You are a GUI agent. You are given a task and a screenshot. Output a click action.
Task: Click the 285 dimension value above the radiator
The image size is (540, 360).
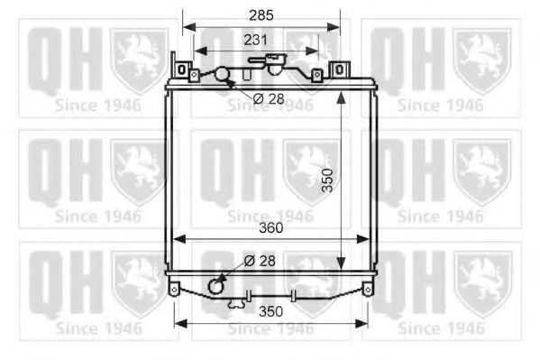coord(261,15)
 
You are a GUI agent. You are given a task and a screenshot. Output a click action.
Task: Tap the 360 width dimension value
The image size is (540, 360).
coord(270,229)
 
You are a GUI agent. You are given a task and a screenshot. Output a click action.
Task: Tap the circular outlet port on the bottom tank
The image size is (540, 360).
coord(216,286)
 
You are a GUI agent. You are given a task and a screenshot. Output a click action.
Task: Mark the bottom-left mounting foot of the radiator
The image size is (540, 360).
coord(174,289)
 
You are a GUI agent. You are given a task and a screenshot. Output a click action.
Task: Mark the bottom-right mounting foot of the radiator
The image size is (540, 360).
coord(367,289)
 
